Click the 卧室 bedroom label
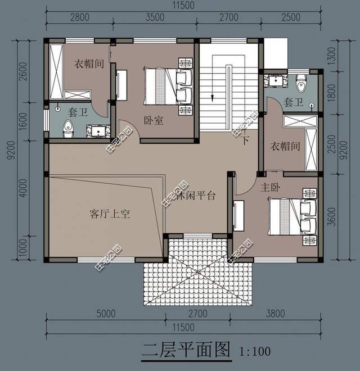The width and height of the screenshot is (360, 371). click(154, 120)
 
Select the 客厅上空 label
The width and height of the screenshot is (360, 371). click(110, 214)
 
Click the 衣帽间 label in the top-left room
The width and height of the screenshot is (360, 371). click(89, 64)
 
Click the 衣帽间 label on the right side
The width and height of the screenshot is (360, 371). click(285, 146)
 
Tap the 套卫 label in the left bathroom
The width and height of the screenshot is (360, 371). click(77, 112)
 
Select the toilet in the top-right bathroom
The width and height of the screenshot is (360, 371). click(301, 83)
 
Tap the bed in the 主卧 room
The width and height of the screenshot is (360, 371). click(291, 218)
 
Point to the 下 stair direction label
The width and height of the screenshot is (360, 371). click(245, 141)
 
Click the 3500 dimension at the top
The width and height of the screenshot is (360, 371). click(155, 17)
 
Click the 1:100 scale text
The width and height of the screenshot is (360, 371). click(255, 352)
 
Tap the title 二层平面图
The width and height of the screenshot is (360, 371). click(187, 351)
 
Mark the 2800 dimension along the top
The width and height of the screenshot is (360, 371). click(79, 17)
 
